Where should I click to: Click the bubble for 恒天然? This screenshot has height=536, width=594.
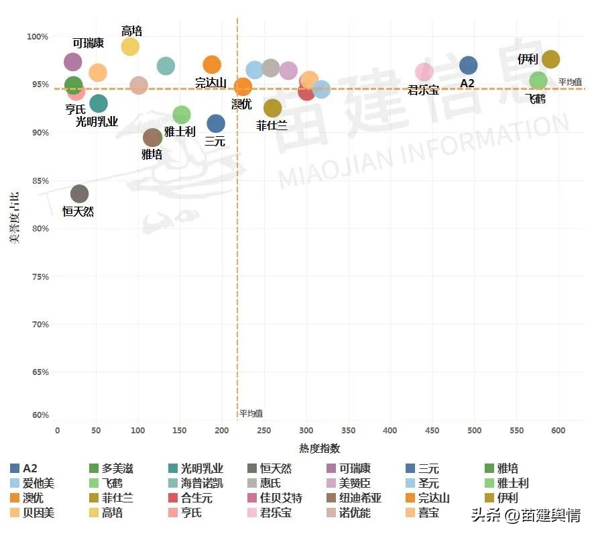pyautogui.click(x=79, y=195)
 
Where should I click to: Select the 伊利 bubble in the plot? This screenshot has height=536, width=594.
pyautogui.click(x=550, y=59)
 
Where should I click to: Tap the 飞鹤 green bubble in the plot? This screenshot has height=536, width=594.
pyautogui.click(x=538, y=81)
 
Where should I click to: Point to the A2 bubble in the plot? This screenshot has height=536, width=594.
pyautogui.click(x=468, y=65)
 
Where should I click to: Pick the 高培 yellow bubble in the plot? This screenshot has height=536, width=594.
pyautogui.click(x=130, y=46)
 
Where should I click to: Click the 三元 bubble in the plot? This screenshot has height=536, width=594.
pyautogui.click(x=216, y=123)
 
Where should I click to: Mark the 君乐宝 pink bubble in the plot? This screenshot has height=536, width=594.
pyautogui.click(x=424, y=72)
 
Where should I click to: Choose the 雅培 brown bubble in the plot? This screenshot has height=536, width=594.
pyautogui.click(x=153, y=138)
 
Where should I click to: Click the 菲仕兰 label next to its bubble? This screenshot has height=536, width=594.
pyautogui.click(x=272, y=125)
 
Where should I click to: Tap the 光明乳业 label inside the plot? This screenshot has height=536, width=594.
pyautogui.click(x=97, y=121)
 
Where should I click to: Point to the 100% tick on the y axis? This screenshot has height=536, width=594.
pyautogui.click(x=38, y=36)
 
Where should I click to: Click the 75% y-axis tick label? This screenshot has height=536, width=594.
pyautogui.click(x=40, y=276)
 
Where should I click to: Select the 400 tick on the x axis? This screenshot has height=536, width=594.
pyautogui.click(x=390, y=430)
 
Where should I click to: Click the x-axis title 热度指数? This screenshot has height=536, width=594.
pyautogui.click(x=319, y=448)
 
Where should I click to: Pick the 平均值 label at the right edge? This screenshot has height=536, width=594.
pyautogui.click(x=570, y=82)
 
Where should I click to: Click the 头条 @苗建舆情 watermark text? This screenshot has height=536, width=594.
pyautogui.click(x=526, y=515)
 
